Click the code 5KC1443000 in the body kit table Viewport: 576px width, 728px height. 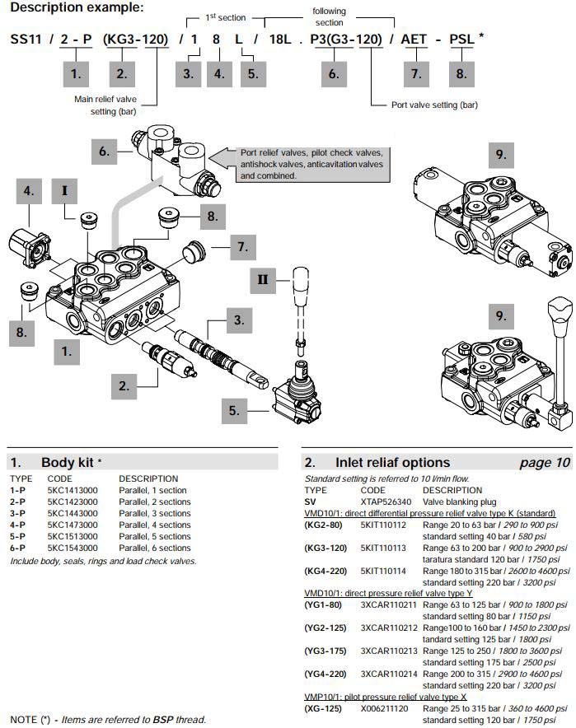(x=73, y=513)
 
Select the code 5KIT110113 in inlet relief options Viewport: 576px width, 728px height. (x=383, y=547)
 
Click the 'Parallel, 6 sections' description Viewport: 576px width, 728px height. (x=154, y=548)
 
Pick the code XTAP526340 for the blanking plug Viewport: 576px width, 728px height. (x=384, y=501)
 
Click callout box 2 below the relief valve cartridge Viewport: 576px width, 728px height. (x=124, y=385)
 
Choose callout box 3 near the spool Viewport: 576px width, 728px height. (x=238, y=320)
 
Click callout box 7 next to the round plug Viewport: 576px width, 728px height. (x=242, y=246)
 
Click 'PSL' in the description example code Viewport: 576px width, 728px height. (x=460, y=39)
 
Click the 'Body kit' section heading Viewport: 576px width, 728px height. (x=70, y=462)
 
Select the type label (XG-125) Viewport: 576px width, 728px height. (x=323, y=707)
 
